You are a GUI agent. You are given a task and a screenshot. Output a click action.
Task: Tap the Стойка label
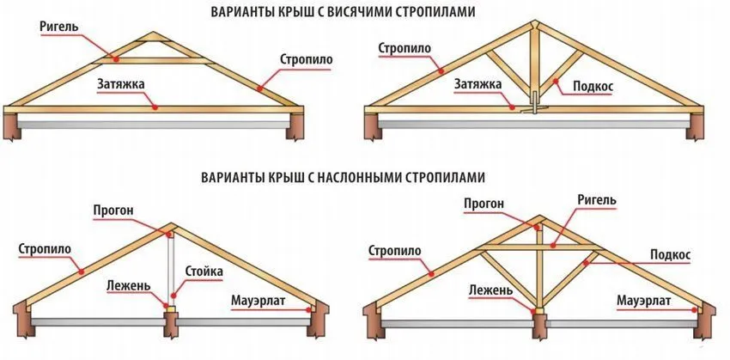point(204,271)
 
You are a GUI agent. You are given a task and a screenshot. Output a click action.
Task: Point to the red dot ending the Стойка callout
point(173,295)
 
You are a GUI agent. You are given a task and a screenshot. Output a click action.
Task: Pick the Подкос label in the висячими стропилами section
point(593,86)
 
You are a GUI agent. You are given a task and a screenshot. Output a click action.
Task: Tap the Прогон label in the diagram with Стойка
point(113,211)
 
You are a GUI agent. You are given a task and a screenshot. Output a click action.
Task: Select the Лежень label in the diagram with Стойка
point(129,285)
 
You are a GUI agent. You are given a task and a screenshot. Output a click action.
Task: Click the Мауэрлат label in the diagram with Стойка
point(259,301)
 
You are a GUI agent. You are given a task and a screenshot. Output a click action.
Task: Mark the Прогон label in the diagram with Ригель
point(484,203)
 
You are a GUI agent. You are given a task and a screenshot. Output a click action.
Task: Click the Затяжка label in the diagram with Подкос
point(478,84)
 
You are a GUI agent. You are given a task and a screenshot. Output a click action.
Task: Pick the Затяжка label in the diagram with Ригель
point(120,84)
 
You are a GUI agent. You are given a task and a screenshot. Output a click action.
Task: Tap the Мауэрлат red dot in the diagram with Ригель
point(694,308)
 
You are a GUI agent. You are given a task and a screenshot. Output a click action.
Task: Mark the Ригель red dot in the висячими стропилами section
point(116,59)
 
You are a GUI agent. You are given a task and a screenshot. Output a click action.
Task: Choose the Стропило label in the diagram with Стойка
point(45,249)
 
